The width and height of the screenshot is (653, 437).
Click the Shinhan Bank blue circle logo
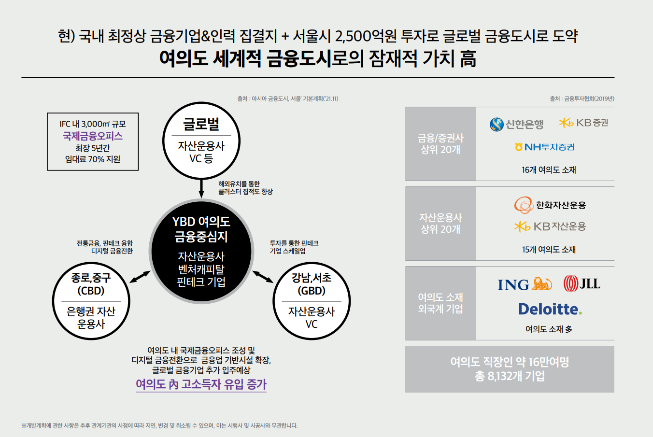click(497, 125)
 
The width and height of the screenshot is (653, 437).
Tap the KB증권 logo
click(583, 123)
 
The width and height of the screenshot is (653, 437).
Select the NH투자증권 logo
click(544, 147)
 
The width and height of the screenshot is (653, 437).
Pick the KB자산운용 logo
click(550, 226)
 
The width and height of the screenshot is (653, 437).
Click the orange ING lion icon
click(541, 283)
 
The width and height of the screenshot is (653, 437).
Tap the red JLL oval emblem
click(570, 283)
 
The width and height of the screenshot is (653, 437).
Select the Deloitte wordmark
click(550, 309)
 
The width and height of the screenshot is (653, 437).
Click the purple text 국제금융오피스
click(93, 136)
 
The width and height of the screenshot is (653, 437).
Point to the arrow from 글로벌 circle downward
click(201, 188)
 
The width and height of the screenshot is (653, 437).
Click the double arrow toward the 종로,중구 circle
click(140, 277)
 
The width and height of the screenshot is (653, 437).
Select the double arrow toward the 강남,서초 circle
click(263, 277)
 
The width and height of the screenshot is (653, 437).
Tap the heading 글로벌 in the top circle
click(201, 124)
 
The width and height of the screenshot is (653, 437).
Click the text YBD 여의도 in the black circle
click(201, 222)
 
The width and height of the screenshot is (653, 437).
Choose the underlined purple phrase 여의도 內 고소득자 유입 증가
click(201, 384)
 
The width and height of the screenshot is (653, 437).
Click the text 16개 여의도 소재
click(549, 170)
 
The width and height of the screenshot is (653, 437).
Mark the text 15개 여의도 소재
click(549, 250)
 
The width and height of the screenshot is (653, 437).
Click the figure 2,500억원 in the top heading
click(366, 37)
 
